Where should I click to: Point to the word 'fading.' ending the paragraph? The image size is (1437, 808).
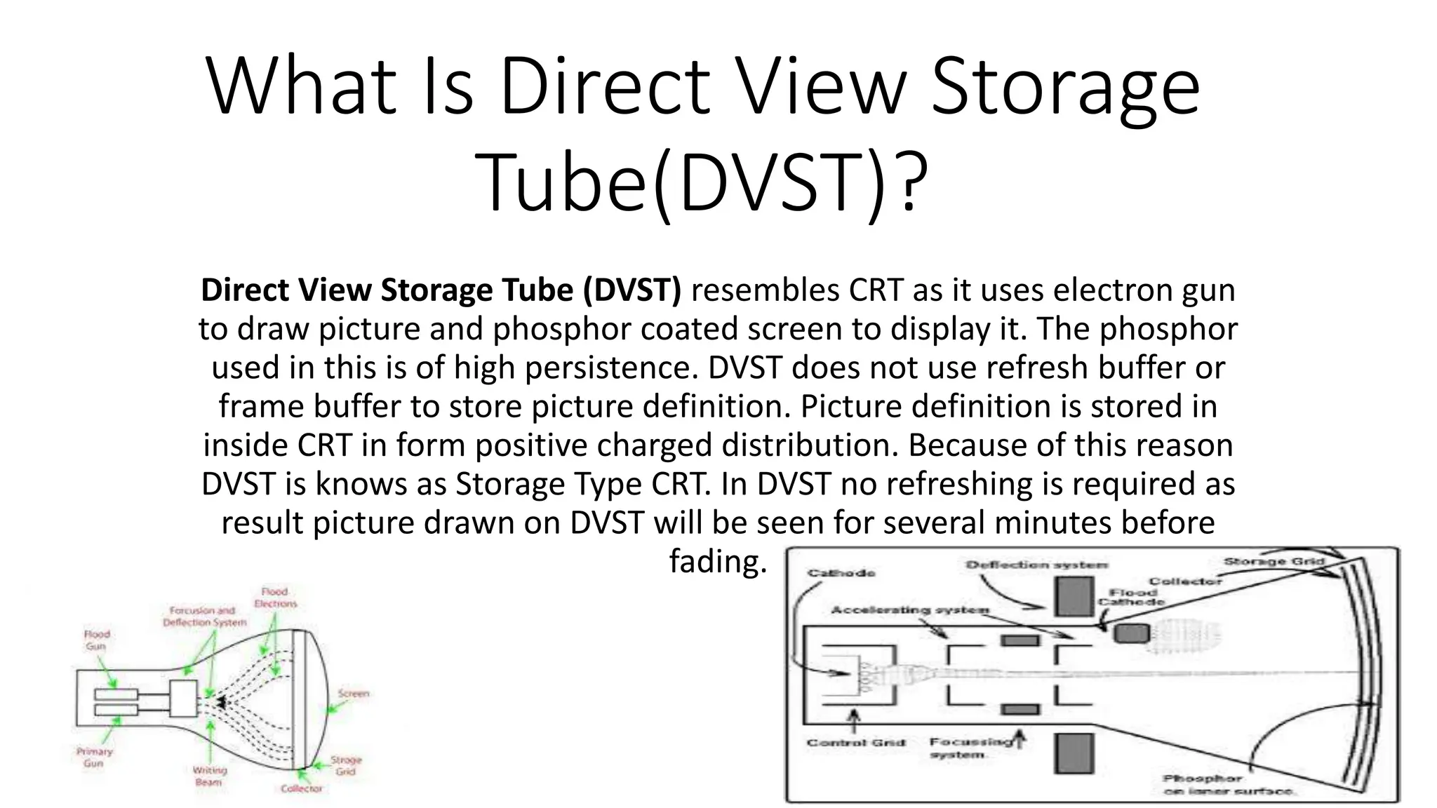tap(718, 561)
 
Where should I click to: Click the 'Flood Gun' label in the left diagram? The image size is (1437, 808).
tap(96, 640)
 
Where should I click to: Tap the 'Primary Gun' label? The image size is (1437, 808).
tap(94, 757)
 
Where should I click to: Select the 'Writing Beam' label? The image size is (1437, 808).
tap(209, 776)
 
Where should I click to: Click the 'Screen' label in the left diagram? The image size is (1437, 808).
tap(353, 694)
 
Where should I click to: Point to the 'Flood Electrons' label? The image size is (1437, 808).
tap(275, 598)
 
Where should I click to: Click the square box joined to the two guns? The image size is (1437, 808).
tap(184, 698)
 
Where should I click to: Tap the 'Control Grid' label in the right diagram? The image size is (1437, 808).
tap(856, 742)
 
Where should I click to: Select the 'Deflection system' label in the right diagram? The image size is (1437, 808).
tap(1036, 565)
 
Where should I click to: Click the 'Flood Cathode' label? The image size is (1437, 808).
tap(1131, 597)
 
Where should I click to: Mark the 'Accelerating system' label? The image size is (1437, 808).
tap(909, 610)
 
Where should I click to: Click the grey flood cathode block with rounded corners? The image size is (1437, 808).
tap(1131, 633)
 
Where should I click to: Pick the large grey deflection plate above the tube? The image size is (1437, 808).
tap(1074, 596)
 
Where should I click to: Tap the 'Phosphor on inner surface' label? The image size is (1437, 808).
tap(1228, 785)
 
